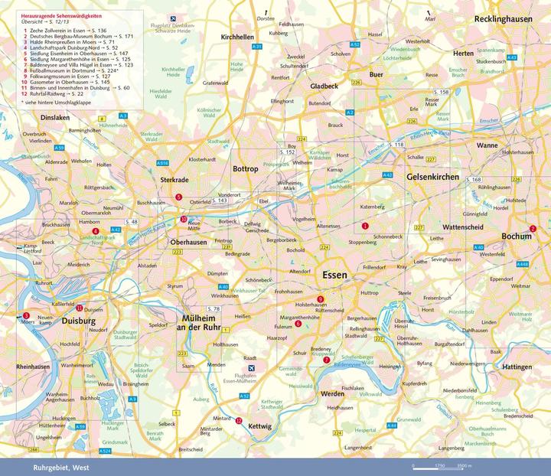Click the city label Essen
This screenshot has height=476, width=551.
(334, 275)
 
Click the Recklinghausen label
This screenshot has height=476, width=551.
(512, 17)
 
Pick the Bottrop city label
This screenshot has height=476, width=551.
(246, 168)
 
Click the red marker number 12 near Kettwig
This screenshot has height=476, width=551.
(239, 422)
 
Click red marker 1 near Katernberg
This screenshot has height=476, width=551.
(365, 226)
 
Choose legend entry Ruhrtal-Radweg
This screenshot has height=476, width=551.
(57, 94)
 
